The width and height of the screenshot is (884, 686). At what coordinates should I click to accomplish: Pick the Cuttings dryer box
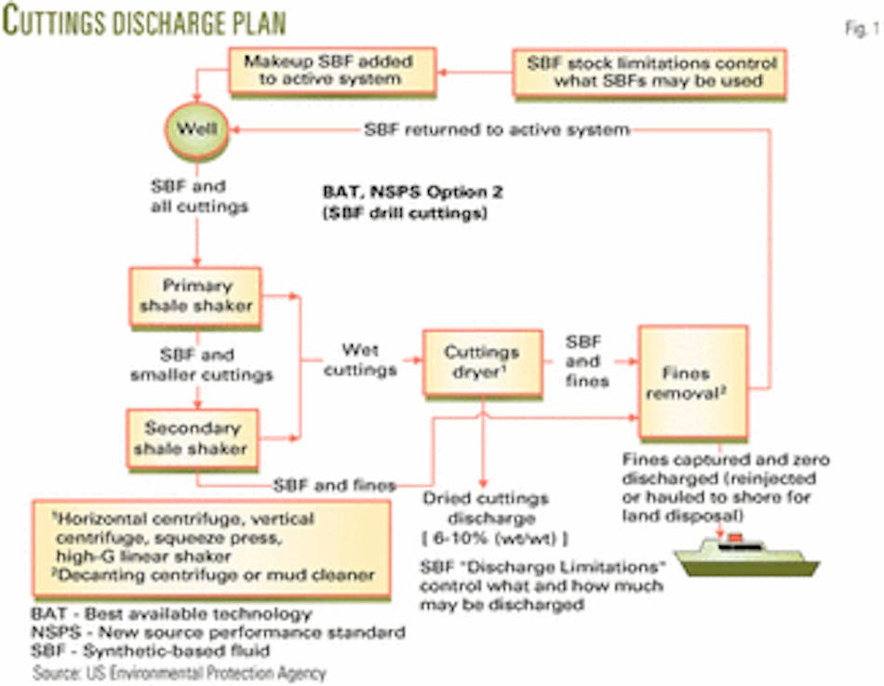point(482,361)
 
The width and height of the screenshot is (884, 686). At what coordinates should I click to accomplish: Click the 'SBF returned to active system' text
point(497,130)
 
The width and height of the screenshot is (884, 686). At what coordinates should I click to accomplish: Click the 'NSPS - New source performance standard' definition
point(218,633)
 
